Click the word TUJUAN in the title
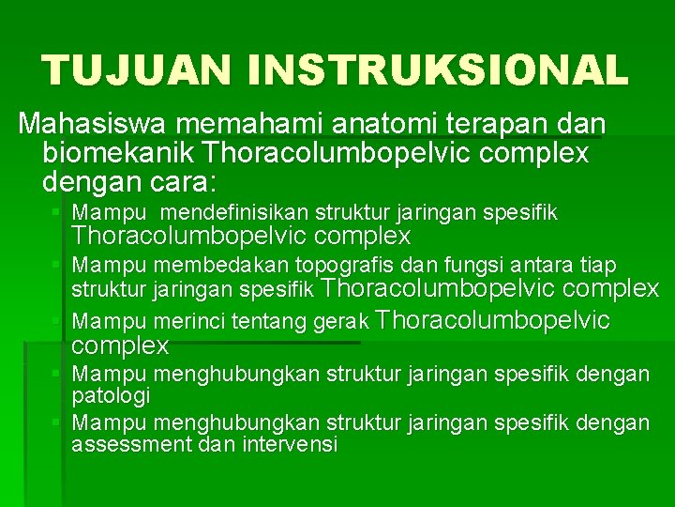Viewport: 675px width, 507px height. pos(133,70)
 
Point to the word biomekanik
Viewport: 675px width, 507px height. pos(116,152)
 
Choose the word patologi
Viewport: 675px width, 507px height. pos(111,395)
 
